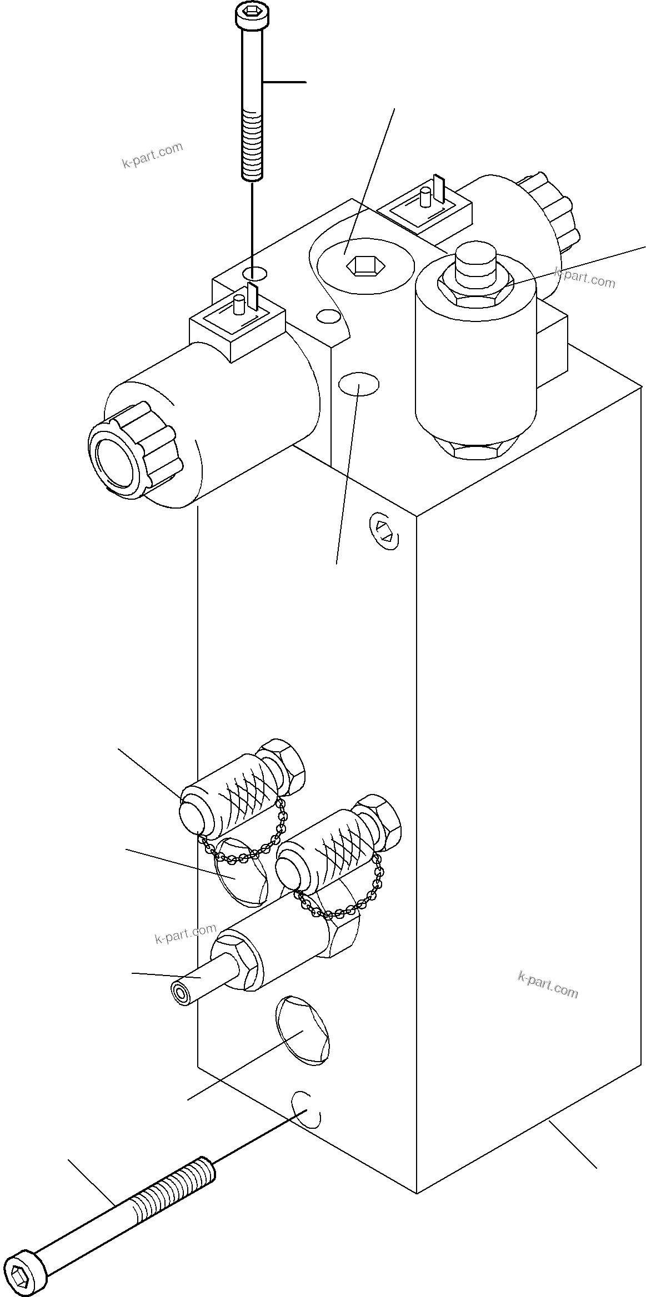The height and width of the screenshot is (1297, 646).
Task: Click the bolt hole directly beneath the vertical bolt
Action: pyautogui.click(x=254, y=273)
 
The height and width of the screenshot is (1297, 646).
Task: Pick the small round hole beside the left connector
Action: pyautogui.click(x=327, y=316)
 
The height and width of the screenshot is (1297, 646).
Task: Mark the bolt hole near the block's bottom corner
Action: pyautogui.click(x=305, y=1110)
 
